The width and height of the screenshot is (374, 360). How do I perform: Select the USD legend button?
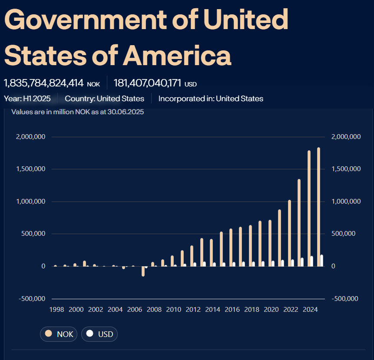pos(99,334)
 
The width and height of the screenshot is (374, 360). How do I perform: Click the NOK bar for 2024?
pos(309,208)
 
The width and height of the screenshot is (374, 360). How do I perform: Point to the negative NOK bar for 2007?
pos(143,271)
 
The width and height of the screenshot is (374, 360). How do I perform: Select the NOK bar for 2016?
pos(231,248)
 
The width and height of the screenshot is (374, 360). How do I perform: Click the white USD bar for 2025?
pos(322,261)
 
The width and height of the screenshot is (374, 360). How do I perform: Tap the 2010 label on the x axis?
pos(173,310)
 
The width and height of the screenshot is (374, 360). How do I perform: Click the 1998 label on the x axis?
pos(56,310)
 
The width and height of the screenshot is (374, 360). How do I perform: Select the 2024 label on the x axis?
pos(310,310)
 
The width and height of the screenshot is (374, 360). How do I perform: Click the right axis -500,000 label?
pos(344,298)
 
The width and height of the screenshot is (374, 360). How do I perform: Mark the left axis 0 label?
pos(43,266)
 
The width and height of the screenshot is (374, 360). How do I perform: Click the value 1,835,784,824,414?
pos(43,83)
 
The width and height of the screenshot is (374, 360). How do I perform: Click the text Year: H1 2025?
pos(27,99)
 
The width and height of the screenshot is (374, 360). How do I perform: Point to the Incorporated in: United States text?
pos(211,99)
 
